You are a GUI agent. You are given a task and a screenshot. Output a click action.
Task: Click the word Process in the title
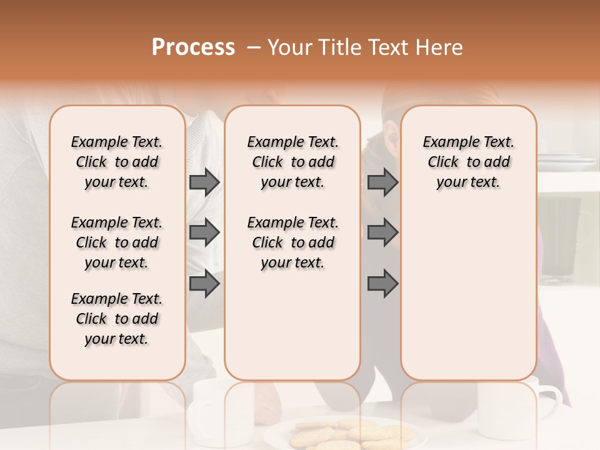coord(193,47)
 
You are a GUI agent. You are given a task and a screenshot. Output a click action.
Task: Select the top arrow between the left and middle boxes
coord(204,182)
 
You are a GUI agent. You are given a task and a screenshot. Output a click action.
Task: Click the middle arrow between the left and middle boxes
coord(204,232)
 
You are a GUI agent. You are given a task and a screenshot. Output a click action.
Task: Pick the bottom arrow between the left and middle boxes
coord(204,284)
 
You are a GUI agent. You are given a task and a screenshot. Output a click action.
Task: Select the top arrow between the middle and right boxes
coord(382,182)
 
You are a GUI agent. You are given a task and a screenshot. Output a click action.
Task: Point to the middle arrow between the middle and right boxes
coord(382,232)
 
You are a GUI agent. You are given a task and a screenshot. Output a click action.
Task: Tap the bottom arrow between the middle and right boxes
coord(382,284)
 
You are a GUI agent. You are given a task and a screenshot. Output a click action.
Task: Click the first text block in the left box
coord(117,162)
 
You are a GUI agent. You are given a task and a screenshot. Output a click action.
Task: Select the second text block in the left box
coord(117,242)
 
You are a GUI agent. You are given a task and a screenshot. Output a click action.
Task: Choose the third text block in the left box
coord(117,319)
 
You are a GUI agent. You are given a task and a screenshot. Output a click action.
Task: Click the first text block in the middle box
coord(293,162)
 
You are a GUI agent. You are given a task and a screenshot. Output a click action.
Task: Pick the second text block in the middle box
coord(293,242)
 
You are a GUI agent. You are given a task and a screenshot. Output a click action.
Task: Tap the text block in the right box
coord(469,162)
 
